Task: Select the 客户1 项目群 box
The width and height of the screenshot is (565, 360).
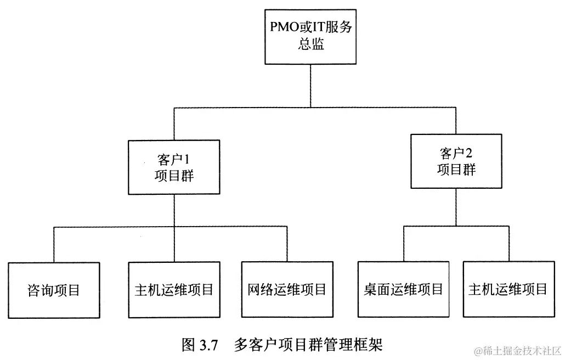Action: [x=174, y=167]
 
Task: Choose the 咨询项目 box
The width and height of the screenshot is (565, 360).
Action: [x=54, y=290]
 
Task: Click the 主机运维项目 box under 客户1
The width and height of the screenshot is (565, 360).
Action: [x=174, y=290]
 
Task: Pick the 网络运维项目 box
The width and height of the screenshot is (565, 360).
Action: [x=287, y=290]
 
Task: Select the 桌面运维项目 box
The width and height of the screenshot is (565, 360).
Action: [x=403, y=290]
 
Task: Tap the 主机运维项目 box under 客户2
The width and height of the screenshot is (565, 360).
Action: [x=508, y=290]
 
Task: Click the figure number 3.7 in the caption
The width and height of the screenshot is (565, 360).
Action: [x=209, y=345]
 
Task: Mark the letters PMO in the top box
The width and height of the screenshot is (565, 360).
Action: [x=281, y=26]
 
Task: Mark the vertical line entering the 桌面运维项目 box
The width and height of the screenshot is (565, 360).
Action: [x=404, y=244]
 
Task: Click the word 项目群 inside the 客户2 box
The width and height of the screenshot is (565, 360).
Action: [x=456, y=169]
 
